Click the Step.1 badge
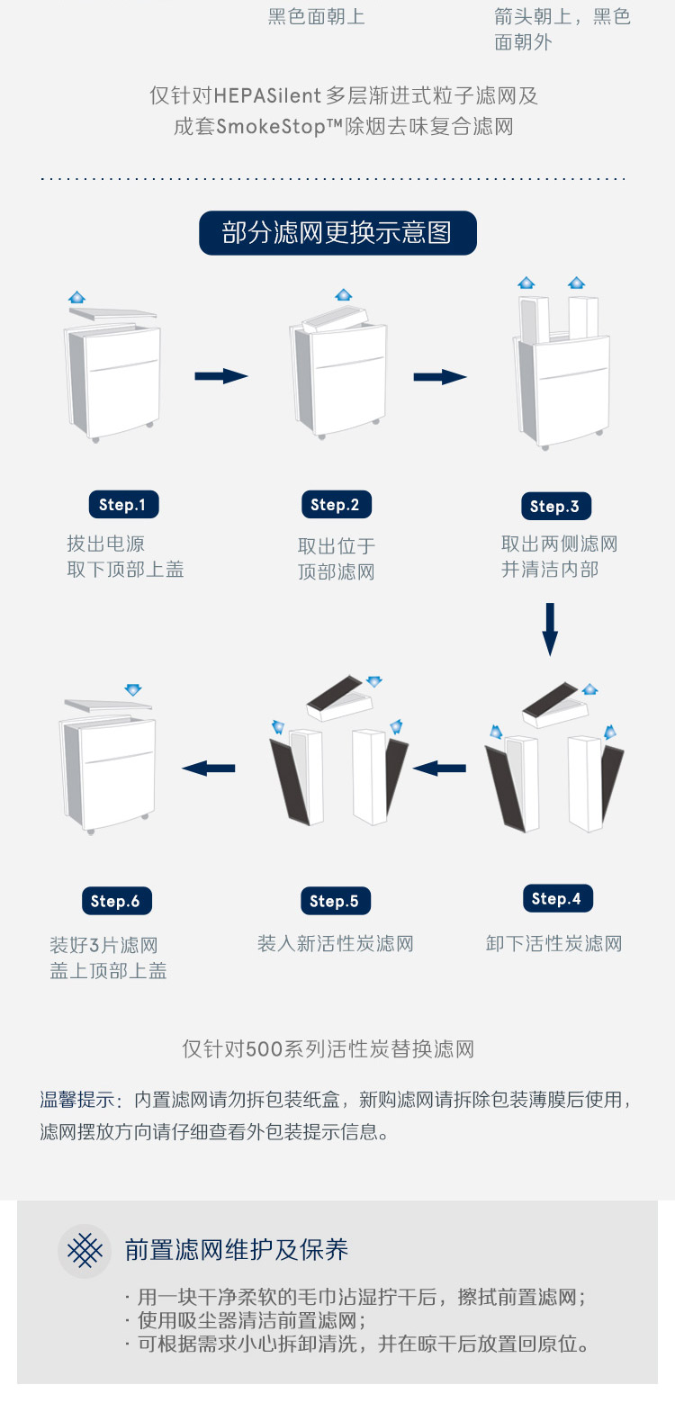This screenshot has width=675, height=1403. (123, 504)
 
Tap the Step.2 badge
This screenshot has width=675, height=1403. (337, 504)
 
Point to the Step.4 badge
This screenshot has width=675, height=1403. (558, 899)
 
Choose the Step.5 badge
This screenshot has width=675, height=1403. (336, 901)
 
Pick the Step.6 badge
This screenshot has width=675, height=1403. (116, 901)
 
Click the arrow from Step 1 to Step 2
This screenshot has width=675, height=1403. (221, 376)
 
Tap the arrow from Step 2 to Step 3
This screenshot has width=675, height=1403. (440, 377)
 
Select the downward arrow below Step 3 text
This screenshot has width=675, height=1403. (550, 629)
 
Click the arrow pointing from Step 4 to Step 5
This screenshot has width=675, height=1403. (439, 768)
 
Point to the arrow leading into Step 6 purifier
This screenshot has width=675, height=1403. (209, 768)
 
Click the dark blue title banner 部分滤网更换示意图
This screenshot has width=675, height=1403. (337, 233)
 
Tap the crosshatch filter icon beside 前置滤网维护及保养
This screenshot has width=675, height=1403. (85, 1250)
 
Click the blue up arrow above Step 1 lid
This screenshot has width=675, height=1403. (76, 297)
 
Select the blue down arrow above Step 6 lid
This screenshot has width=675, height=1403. (133, 689)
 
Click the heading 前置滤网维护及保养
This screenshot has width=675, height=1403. (236, 1249)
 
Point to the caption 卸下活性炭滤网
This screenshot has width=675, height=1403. (554, 943)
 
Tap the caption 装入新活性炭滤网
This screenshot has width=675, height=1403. (336, 943)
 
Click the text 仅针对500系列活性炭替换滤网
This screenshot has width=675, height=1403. (328, 1048)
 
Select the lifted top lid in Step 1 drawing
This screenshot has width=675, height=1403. (112, 314)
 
